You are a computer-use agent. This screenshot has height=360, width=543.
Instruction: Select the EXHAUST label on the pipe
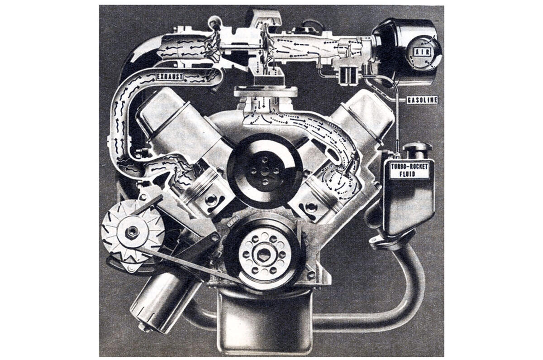click(x=170, y=77)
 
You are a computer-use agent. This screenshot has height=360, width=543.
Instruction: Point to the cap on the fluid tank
click(x=417, y=148)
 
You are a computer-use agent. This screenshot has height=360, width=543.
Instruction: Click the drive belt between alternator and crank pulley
click(x=190, y=267)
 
